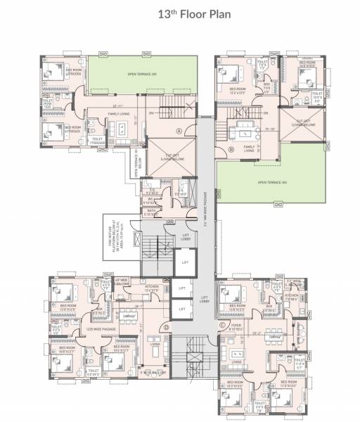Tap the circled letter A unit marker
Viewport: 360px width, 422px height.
coord(179,130)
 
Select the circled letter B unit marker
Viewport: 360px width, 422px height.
coord(231,149)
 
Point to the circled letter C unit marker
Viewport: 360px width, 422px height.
coord(222,325)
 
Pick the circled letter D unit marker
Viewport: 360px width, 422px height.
coord(167,328)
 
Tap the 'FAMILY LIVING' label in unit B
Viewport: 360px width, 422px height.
coord(249,148)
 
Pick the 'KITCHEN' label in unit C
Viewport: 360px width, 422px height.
coord(292,295)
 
